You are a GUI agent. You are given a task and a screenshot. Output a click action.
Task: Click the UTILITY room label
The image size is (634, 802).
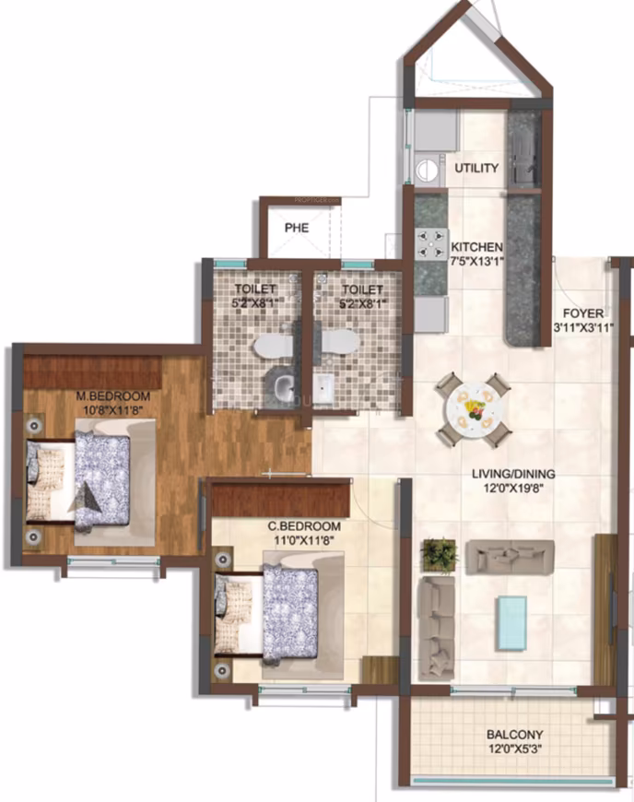[x=476, y=168]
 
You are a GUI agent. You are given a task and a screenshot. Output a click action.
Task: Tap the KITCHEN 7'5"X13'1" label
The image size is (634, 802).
[x=477, y=254]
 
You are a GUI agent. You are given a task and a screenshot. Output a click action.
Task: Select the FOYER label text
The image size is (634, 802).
[x=583, y=313]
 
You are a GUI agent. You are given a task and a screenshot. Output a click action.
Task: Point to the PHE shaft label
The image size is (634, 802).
[x=297, y=228]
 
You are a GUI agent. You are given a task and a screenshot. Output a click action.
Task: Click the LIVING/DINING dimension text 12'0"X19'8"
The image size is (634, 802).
[x=513, y=489]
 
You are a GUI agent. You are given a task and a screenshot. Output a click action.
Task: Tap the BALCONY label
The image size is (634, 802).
[x=515, y=735]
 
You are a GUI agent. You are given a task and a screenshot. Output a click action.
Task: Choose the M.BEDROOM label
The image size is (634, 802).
[x=113, y=395]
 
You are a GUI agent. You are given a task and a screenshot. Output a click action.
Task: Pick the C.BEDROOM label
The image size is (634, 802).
[x=304, y=525]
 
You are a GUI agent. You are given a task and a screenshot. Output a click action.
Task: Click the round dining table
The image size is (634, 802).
[x=474, y=409]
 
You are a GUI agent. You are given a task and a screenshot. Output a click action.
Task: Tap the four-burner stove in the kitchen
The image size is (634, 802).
[x=430, y=244]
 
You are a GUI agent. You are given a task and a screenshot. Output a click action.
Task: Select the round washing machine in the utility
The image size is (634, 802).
[x=427, y=168]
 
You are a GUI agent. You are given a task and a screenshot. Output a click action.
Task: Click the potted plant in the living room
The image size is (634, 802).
[x=439, y=554]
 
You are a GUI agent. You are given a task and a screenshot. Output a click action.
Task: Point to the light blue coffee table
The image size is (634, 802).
[x=511, y=623]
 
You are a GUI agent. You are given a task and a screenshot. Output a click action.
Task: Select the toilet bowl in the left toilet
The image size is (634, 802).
[x=273, y=346]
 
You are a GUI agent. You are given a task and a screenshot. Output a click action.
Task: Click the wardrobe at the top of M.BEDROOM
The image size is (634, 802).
[x=93, y=372]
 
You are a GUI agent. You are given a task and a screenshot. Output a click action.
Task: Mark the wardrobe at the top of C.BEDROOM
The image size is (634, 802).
[x=281, y=500]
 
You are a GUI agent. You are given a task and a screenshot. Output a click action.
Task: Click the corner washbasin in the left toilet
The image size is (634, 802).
[x=280, y=384]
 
